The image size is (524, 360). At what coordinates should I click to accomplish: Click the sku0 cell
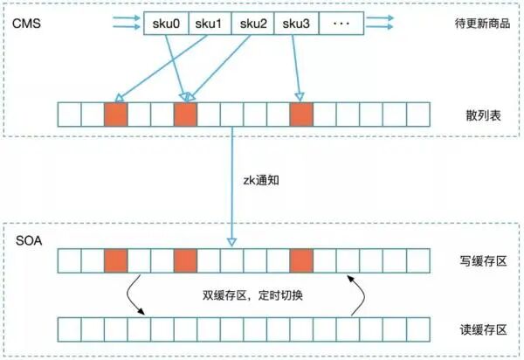coord(165,22)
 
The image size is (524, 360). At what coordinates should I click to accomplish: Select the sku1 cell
coord(209,22)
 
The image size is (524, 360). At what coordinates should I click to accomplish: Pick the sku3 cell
coord(296,22)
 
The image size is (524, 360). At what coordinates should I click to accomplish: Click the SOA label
coord(26,239)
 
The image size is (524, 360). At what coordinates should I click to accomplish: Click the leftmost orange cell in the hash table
coord(115,115)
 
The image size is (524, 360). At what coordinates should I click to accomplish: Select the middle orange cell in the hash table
coord(185,115)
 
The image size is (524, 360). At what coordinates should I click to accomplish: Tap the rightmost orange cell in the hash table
coord(301,115)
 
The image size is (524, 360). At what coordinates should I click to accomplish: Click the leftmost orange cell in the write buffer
coord(115,260)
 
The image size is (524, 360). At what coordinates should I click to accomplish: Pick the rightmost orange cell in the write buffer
coord(301,260)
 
